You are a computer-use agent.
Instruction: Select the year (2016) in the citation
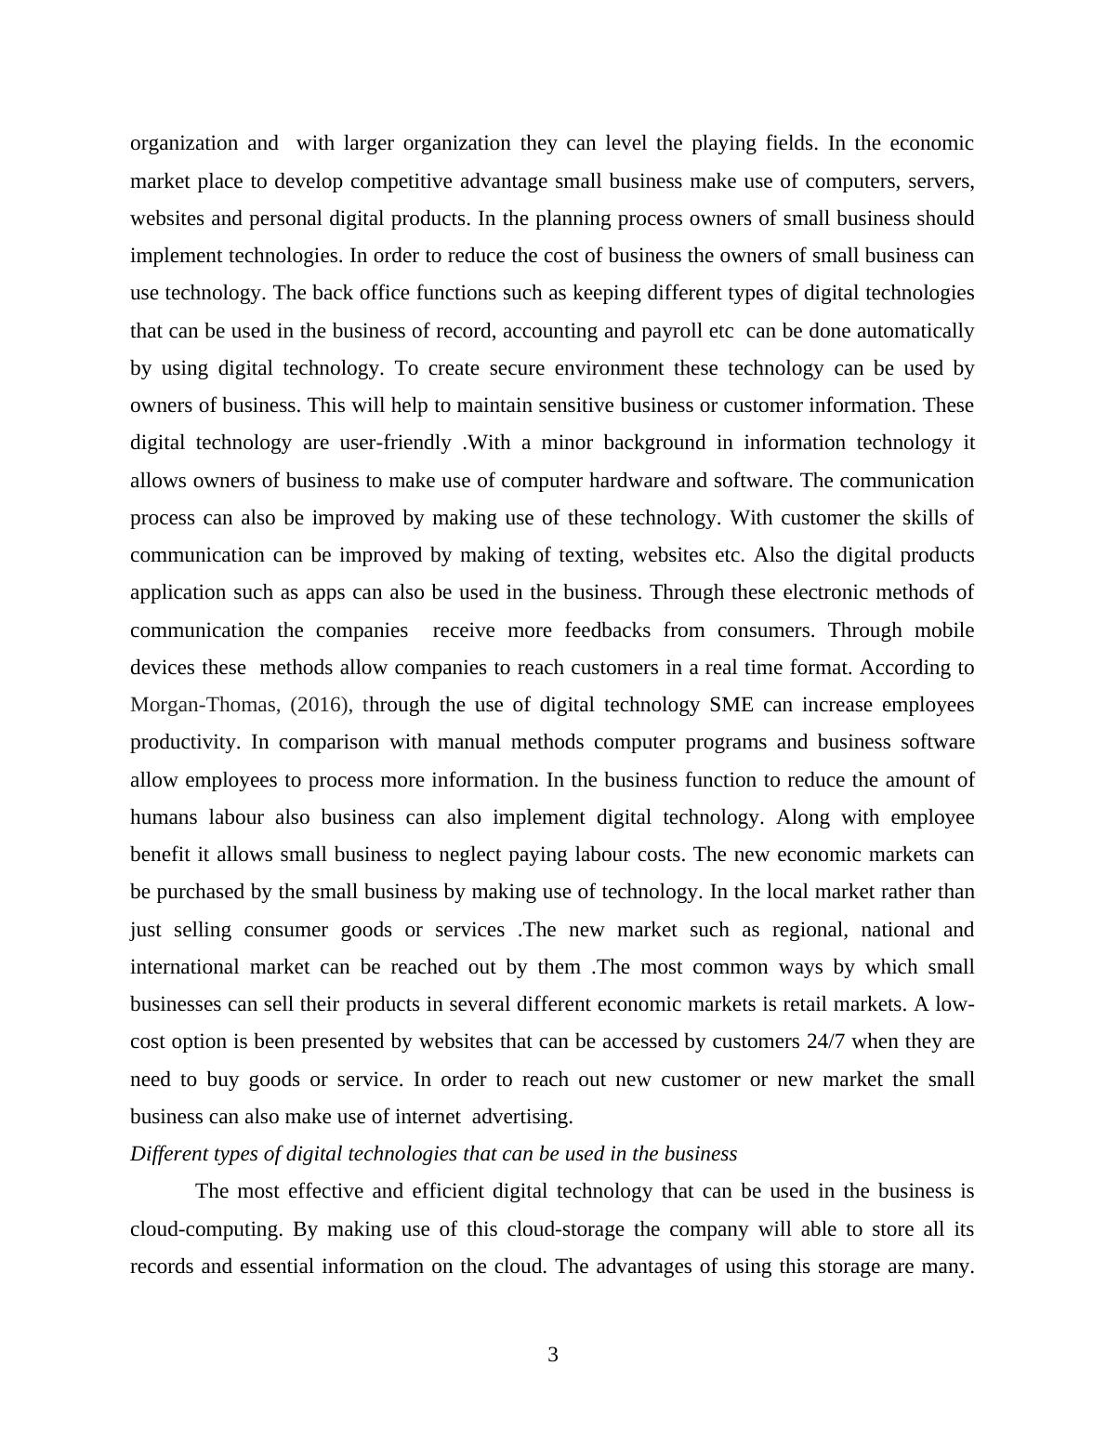pos(321,705)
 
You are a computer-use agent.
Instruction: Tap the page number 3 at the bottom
pos(553,1355)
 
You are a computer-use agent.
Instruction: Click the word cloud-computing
pos(205,1229)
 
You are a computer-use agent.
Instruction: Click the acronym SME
pos(731,705)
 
